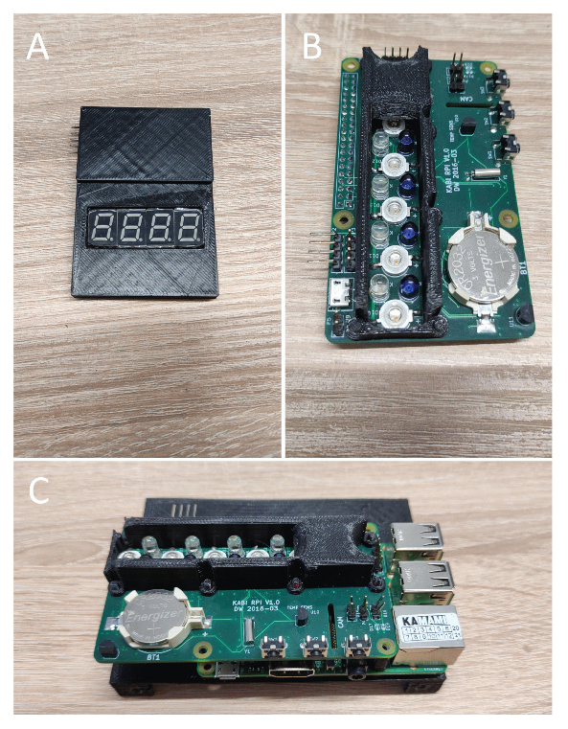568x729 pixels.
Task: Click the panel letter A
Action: pos(37,45)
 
